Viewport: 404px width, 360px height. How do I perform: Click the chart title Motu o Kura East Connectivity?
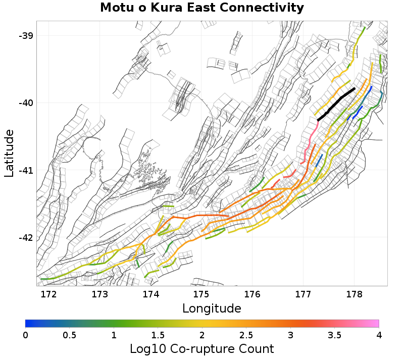coord(201,8)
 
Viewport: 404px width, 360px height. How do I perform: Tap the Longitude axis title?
coord(212,308)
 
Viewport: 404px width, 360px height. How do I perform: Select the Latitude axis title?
coord(9,153)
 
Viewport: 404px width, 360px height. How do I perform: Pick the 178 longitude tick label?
coord(353,293)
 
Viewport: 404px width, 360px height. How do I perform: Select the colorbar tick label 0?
coord(26,335)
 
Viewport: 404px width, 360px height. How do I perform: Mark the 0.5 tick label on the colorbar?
coord(70,335)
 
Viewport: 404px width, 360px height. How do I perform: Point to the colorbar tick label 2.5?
coord(246,335)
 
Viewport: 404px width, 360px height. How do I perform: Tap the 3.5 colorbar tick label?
coord(334,335)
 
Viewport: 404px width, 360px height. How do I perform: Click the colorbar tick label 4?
coord(378,335)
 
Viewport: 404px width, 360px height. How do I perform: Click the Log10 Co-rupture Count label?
coord(201,349)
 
